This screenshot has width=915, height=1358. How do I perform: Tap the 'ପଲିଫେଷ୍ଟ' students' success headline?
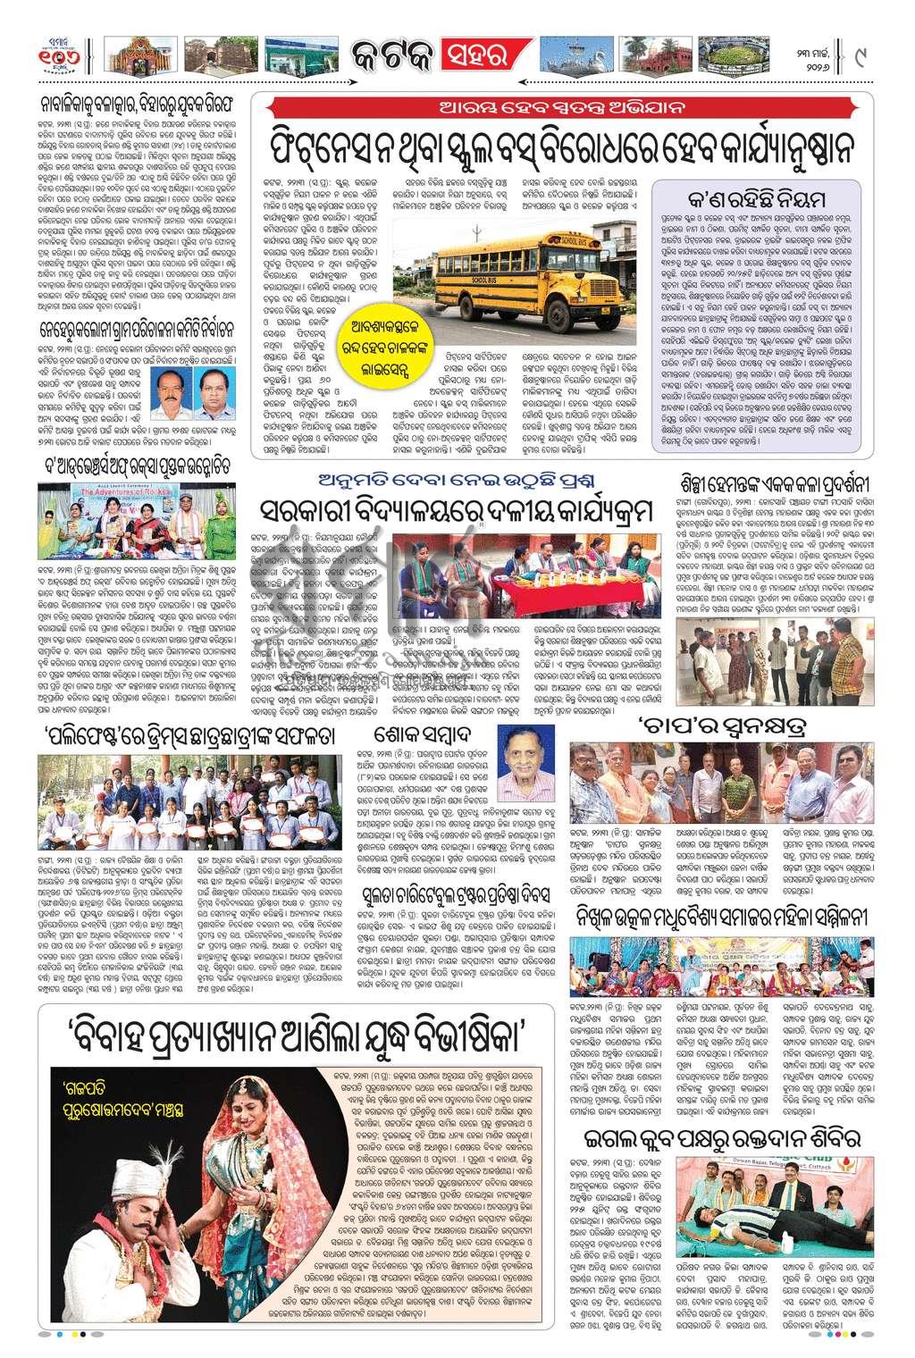[192, 736]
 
